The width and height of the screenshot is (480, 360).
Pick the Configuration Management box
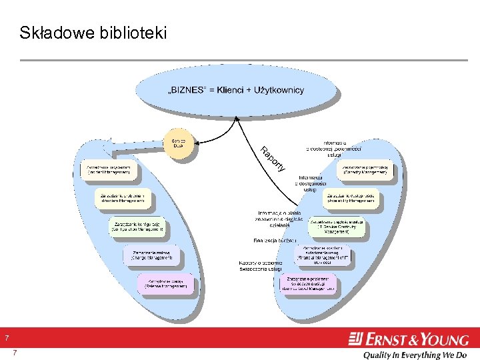pyautogui.click(x=138, y=227)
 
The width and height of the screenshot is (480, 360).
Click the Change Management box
pyautogui.click(x=151, y=255)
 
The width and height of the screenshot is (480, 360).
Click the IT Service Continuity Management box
pyautogui.click(x=337, y=227)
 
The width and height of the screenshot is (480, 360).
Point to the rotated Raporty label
pyautogui.click(x=272, y=158)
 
